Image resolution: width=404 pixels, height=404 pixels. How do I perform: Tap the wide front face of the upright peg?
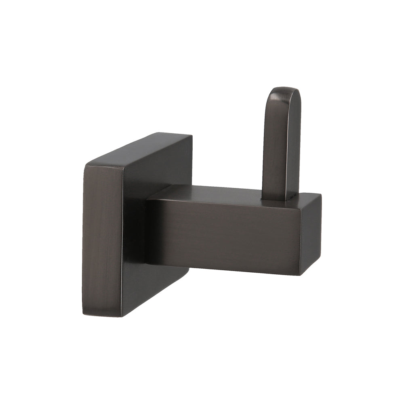pos(275,145)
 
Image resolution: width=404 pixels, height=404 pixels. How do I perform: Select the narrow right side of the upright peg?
pos(294,145)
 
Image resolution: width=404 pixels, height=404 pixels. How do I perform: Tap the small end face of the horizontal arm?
pos(310,234)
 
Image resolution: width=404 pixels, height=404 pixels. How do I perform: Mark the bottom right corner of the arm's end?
pos(300,275)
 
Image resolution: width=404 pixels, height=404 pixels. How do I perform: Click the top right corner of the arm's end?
pos(321,196)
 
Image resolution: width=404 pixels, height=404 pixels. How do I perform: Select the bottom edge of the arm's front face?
pos(222,270)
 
